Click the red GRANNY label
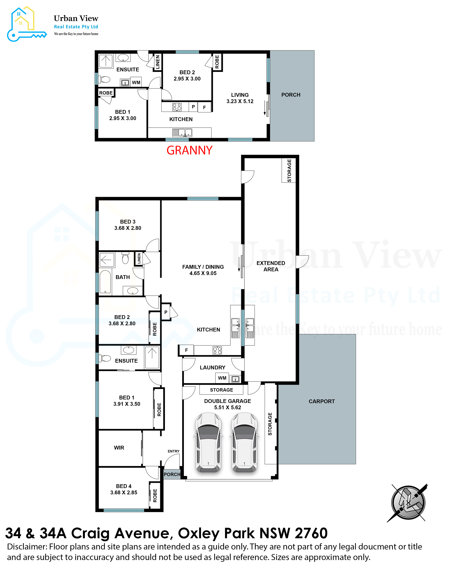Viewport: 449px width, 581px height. click(189, 150)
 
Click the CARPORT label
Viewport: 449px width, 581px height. click(322, 401)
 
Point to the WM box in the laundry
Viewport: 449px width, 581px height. click(222, 378)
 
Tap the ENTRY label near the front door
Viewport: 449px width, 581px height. click(173, 451)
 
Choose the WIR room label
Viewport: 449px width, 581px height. click(119, 448)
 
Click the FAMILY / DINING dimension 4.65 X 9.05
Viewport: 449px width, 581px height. click(203, 273)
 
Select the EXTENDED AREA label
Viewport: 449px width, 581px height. click(271, 266)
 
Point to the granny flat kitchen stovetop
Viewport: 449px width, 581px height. click(177, 107)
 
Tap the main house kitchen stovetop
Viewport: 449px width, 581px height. click(217, 350)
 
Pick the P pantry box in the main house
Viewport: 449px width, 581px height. click(166, 312)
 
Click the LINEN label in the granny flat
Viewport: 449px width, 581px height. click(157, 62)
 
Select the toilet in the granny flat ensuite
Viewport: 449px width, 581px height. click(105, 79)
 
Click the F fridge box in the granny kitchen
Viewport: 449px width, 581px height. click(204, 107)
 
